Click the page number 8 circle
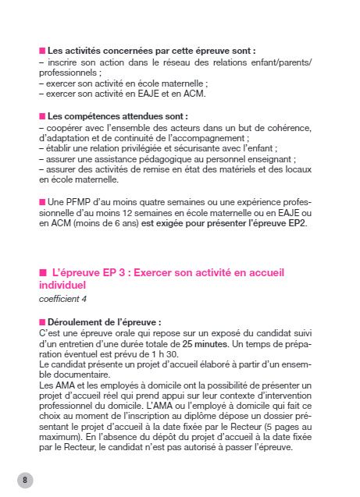[x=25, y=479]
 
